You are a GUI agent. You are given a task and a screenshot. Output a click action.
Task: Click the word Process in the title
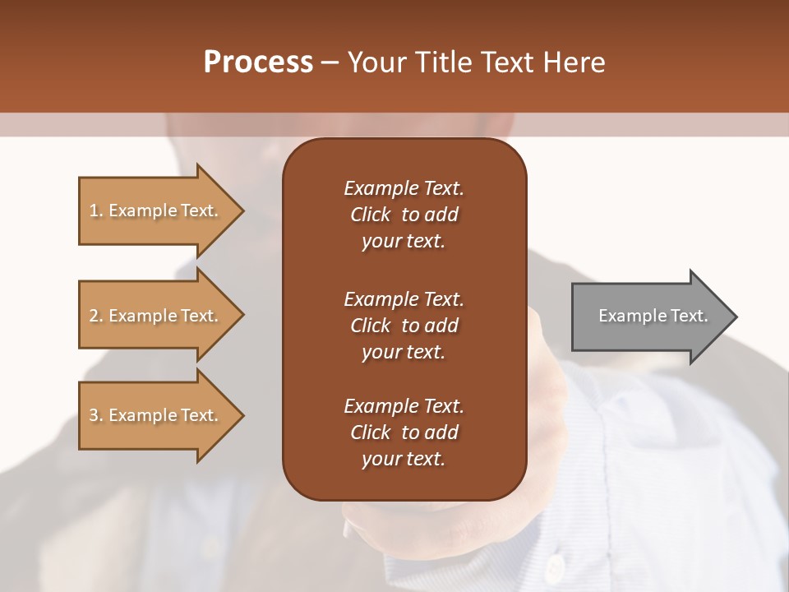pyautogui.click(x=258, y=62)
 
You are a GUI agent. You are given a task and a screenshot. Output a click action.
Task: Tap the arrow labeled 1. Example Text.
pyautogui.click(x=156, y=210)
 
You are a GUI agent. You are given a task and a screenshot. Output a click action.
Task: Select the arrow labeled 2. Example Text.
pyautogui.click(x=156, y=316)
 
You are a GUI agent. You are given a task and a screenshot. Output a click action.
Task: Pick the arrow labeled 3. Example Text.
pyautogui.click(x=156, y=415)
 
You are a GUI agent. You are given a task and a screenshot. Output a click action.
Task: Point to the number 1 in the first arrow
pyautogui.click(x=94, y=210)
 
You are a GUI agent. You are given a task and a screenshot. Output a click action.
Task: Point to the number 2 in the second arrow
pyautogui.click(x=94, y=316)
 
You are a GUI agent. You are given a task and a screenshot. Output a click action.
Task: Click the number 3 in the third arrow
pyautogui.click(x=94, y=415)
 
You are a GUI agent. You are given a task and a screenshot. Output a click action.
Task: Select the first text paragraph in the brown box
pyautogui.click(x=404, y=215)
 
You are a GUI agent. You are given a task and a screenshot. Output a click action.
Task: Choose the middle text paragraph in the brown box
pyautogui.click(x=404, y=325)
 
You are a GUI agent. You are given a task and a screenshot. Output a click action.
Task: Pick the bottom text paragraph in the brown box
pyautogui.click(x=404, y=432)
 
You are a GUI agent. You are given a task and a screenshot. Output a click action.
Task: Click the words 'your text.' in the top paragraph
pyautogui.click(x=404, y=242)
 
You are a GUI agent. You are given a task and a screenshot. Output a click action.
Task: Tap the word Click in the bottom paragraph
pyautogui.click(x=371, y=432)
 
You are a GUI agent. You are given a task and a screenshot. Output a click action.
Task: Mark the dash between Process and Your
pyautogui.click(x=330, y=62)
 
